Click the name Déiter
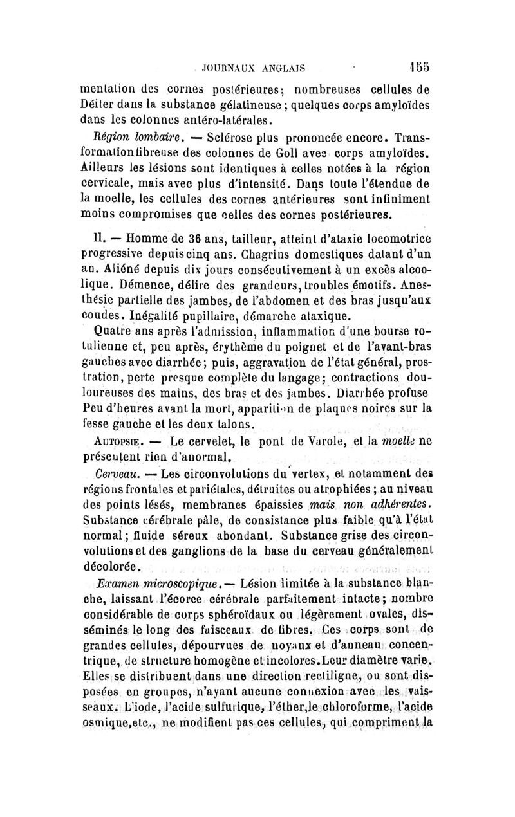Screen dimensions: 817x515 click(102, 104)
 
